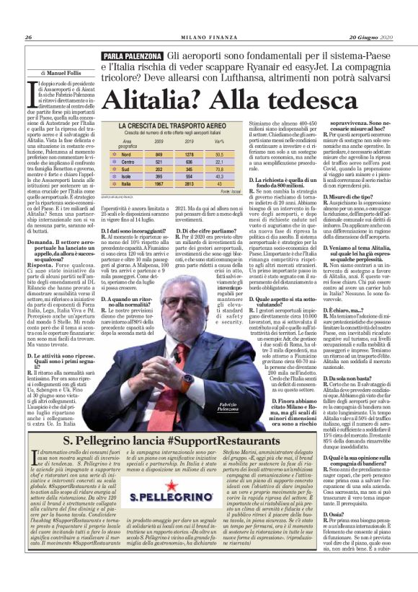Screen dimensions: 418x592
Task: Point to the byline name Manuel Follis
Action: [66, 73]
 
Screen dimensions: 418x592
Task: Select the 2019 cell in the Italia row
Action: [189, 183]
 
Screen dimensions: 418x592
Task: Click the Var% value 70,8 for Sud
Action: [219, 168]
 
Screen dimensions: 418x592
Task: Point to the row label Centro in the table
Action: [129, 161]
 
